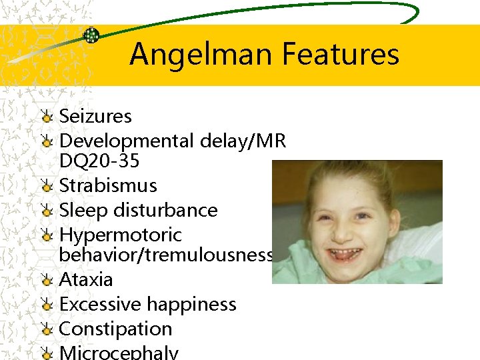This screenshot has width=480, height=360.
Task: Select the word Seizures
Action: point(95,116)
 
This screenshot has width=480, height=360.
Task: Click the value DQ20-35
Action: point(99,161)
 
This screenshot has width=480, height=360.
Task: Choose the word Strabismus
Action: point(108,185)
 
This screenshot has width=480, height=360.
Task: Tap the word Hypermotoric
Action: point(120,235)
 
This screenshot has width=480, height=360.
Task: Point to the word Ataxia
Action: point(86,279)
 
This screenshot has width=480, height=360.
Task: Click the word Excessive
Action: point(100,304)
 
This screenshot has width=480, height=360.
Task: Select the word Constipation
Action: point(115,329)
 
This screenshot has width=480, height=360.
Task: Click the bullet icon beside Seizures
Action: point(46,117)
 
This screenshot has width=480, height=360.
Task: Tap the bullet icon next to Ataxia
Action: point(46,280)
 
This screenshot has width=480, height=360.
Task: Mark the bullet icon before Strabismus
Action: point(46,186)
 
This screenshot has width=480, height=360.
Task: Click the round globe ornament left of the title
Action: point(91,35)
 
